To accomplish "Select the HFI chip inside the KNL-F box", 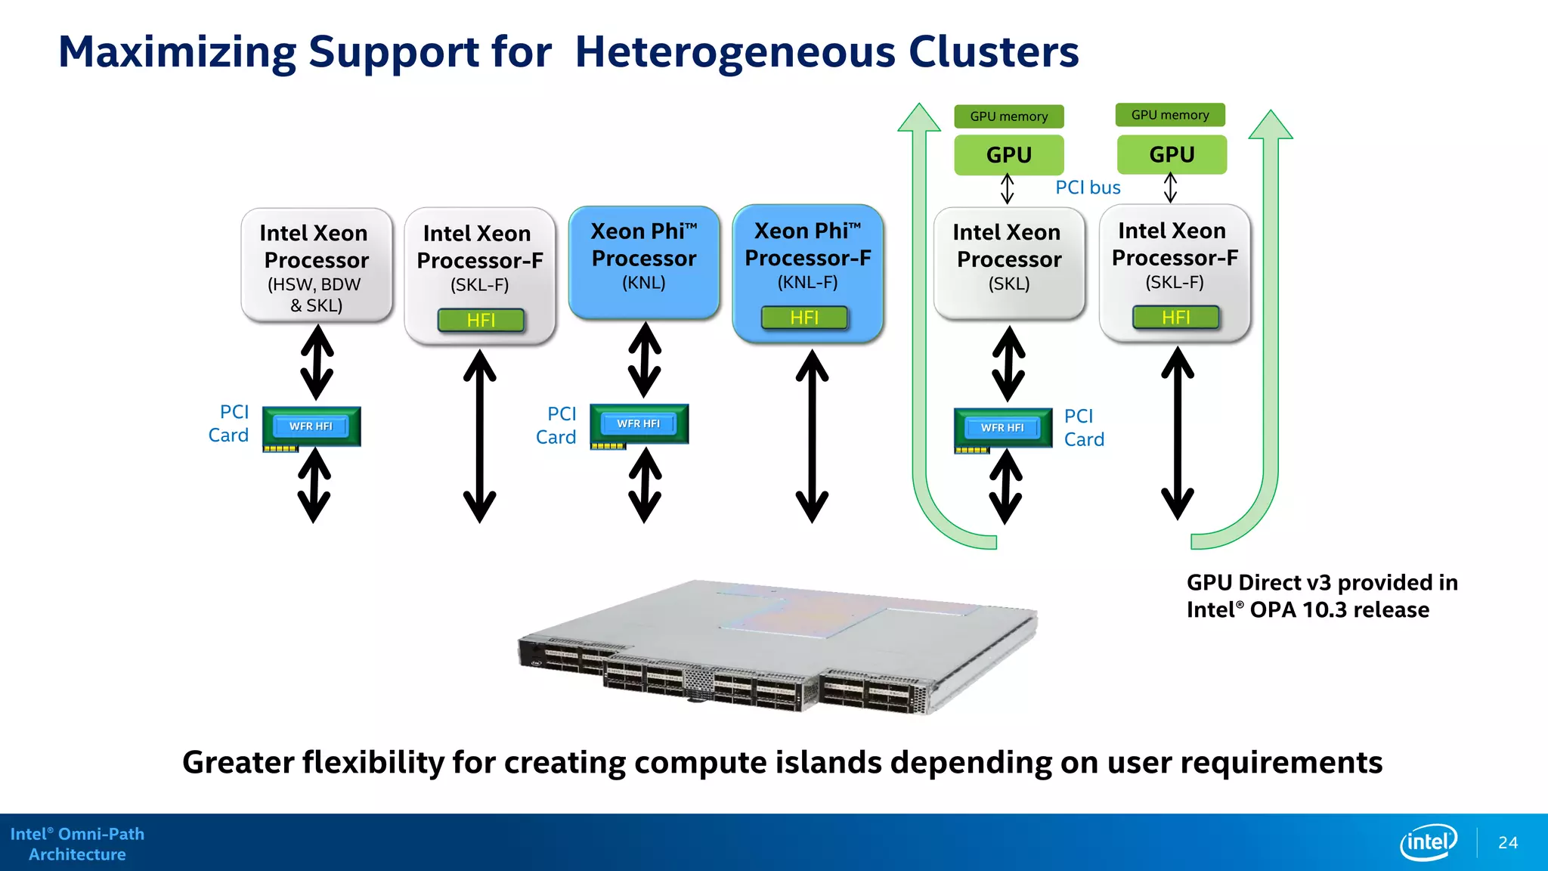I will (x=804, y=318).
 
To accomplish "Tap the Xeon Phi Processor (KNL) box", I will (x=644, y=261).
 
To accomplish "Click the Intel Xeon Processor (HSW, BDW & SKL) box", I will (x=316, y=265).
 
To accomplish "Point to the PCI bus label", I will (x=1088, y=188).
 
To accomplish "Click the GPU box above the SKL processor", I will (x=1008, y=155).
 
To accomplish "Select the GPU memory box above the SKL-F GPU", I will (x=1170, y=115).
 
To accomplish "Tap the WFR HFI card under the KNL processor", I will (x=639, y=424).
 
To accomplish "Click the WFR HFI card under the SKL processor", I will (x=1002, y=428).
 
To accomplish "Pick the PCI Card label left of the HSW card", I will (x=230, y=423).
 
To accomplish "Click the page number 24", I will (x=1507, y=842).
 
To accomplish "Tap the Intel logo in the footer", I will (x=1428, y=842).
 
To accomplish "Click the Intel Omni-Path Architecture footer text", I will (x=77, y=844).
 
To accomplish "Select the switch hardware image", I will (x=779, y=646).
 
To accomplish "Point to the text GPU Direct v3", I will (x=1259, y=582).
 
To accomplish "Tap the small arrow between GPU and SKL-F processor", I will (x=1170, y=188).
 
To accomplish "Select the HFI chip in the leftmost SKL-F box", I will (x=481, y=320).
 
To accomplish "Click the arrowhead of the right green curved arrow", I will (x=1271, y=126).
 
